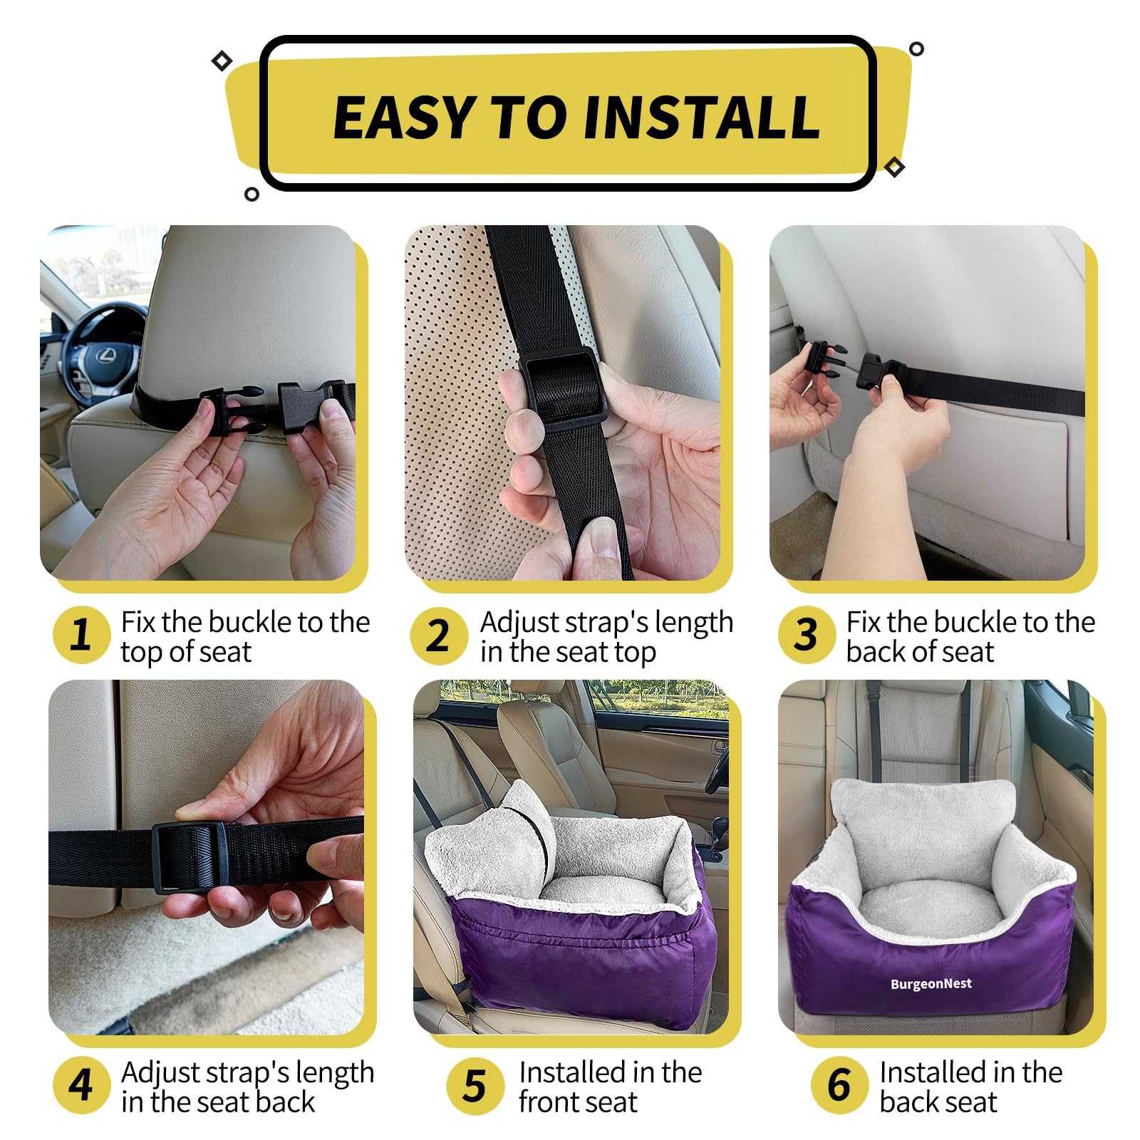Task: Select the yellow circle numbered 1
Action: (x=81, y=634)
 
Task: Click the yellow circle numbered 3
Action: (x=806, y=634)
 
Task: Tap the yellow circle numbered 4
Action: (x=81, y=1085)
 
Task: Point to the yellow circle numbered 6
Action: (x=839, y=1085)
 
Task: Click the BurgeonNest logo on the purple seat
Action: (x=931, y=984)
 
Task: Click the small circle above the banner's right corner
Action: (x=916, y=49)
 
